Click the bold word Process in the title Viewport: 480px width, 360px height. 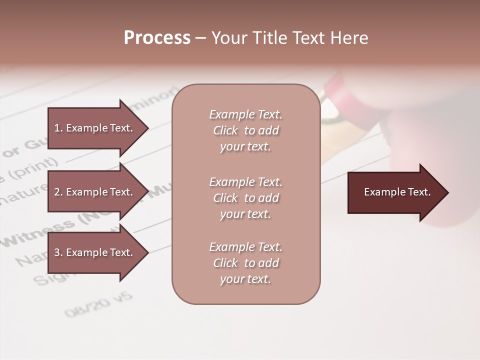tap(157, 38)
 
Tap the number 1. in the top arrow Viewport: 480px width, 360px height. tap(58, 128)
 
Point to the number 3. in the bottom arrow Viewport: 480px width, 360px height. tap(58, 253)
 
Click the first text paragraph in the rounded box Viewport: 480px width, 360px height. tap(245, 130)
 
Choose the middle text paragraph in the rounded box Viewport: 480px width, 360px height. tap(245, 198)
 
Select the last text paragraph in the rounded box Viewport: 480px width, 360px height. tap(245, 263)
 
